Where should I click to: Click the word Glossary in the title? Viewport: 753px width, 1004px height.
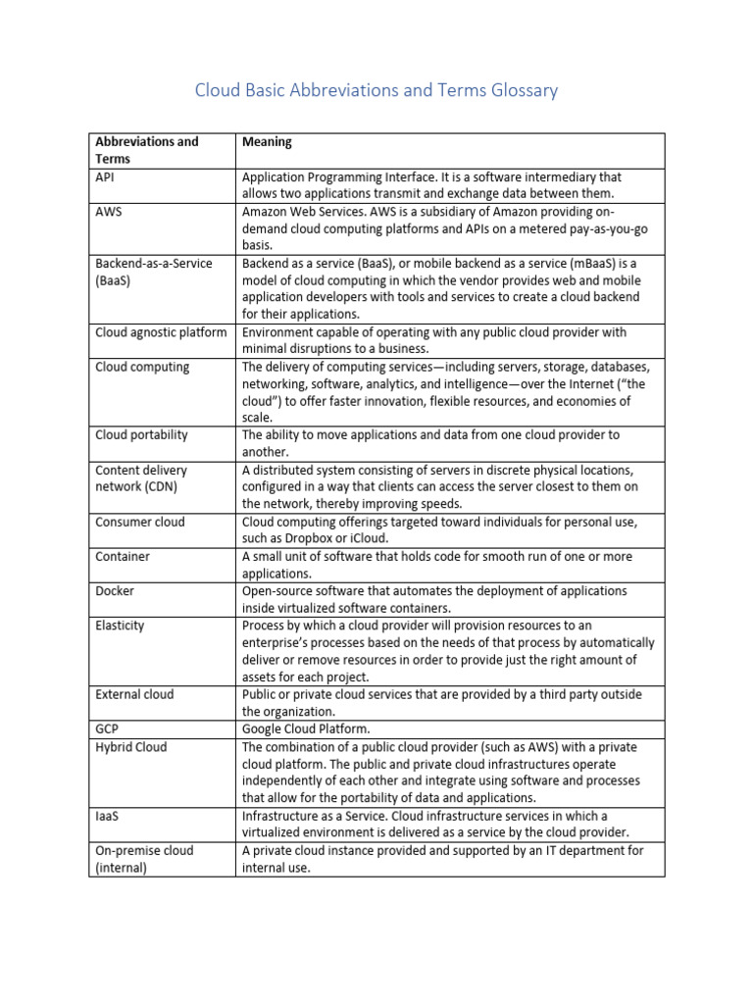[523, 91]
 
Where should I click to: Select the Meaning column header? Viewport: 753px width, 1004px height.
[267, 141]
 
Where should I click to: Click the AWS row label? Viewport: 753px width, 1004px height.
[109, 212]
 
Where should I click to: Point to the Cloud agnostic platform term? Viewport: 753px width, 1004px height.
[161, 331]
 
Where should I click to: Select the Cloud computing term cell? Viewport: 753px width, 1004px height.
[142, 367]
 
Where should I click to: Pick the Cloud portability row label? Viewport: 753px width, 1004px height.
[141, 434]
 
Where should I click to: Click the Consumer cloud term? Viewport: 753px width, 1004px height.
[139, 522]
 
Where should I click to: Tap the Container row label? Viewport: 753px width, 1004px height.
[123, 556]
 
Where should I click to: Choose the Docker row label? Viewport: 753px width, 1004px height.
[115, 591]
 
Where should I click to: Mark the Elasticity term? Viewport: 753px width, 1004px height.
[121, 626]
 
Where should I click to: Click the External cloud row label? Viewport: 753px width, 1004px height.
[134, 694]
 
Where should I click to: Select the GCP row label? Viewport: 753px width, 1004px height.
[108, 729]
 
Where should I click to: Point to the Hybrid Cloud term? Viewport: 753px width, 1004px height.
[130, 747]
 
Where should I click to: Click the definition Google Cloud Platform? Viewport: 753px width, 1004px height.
[307, 729]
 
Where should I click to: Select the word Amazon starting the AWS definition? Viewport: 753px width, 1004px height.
[265, 212]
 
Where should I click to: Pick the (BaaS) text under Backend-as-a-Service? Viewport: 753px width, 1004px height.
[116, 280]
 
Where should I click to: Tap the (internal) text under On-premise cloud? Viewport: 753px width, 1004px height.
[121, 868]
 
